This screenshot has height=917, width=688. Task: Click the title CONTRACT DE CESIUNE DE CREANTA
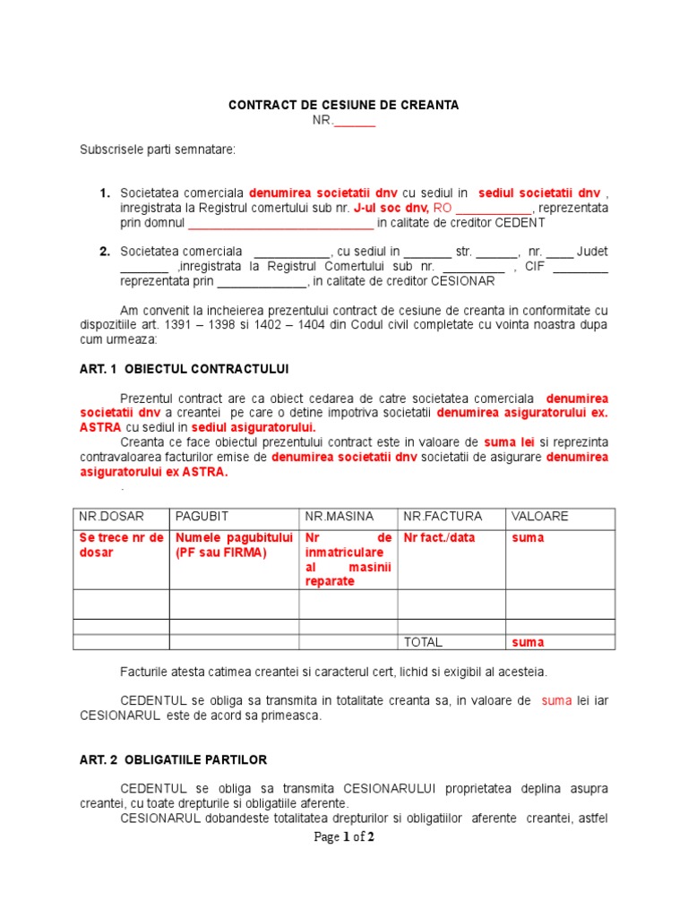point(344,105)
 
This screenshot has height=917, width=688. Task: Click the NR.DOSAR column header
point(111,517)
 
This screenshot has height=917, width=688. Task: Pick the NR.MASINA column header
point(340,517)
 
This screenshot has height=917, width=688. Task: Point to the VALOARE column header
point(539,517)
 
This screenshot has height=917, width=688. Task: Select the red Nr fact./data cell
point(435,538)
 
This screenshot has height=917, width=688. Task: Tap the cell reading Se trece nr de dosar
point(121,545)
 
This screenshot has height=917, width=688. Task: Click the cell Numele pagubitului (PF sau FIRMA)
point(234,545)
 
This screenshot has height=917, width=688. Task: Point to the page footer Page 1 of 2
point(344,837)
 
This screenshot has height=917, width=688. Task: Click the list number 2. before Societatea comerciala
point(105,252)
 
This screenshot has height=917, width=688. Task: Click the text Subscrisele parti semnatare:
point(158,150)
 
